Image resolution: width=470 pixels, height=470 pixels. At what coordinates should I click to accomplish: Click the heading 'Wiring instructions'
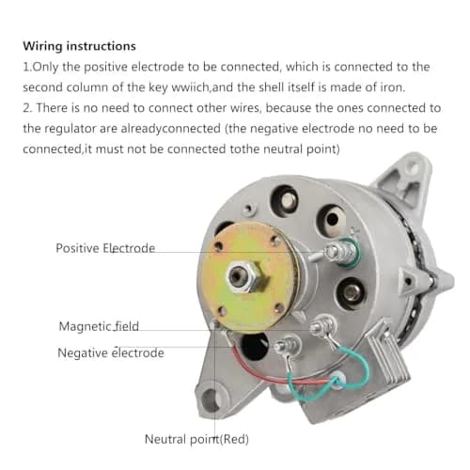point(79,46)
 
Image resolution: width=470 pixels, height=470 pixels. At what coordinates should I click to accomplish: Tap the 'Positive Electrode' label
point(105,248)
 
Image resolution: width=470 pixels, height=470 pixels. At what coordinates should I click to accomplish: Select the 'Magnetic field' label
point(99,326)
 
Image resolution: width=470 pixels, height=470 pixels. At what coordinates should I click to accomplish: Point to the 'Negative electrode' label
point(111,352)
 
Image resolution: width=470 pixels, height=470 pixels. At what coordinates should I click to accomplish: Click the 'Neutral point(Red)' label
point(196,439)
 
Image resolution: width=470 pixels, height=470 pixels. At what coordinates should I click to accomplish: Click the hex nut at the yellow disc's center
point(246,276)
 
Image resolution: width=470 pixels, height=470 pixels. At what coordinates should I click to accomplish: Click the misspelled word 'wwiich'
point(190,87)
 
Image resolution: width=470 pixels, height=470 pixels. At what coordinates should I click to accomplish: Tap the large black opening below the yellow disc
point(255,346)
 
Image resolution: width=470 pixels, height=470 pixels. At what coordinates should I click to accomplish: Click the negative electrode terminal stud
point(288,346)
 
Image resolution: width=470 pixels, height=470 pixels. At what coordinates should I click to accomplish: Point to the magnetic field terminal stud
point(323,326)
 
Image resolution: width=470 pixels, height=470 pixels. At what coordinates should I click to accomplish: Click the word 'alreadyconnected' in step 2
point(171,129)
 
